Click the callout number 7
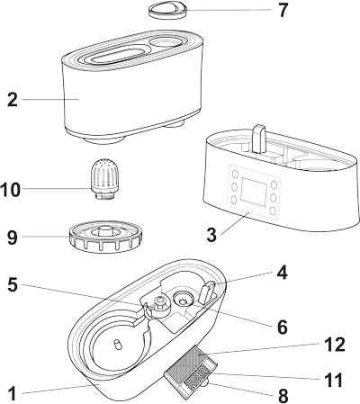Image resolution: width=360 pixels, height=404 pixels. click(283, 10)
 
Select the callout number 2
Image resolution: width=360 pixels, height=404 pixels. click(13, 100)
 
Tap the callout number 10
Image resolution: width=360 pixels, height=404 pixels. click(11, 190)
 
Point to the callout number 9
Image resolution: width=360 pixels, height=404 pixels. click(13, 238)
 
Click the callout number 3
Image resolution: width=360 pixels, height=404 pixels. click(211, 235)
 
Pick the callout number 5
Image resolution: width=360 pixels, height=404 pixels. click(13, 284)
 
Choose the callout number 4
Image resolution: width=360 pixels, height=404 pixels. click(282, 273)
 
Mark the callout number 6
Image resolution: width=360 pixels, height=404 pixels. click(283, 328)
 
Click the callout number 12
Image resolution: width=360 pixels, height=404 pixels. click(335, 345)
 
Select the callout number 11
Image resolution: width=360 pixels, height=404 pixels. click(334, 380)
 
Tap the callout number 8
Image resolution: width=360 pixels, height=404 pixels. click(283, 396)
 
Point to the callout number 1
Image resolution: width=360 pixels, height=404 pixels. click(12, 394)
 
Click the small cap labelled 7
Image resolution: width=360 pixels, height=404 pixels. click(168, 10)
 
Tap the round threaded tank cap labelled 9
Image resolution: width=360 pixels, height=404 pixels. click(104, 237)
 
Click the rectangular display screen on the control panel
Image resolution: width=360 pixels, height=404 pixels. click(254, 192)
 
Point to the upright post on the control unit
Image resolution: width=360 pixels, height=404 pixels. click(259, 139)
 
